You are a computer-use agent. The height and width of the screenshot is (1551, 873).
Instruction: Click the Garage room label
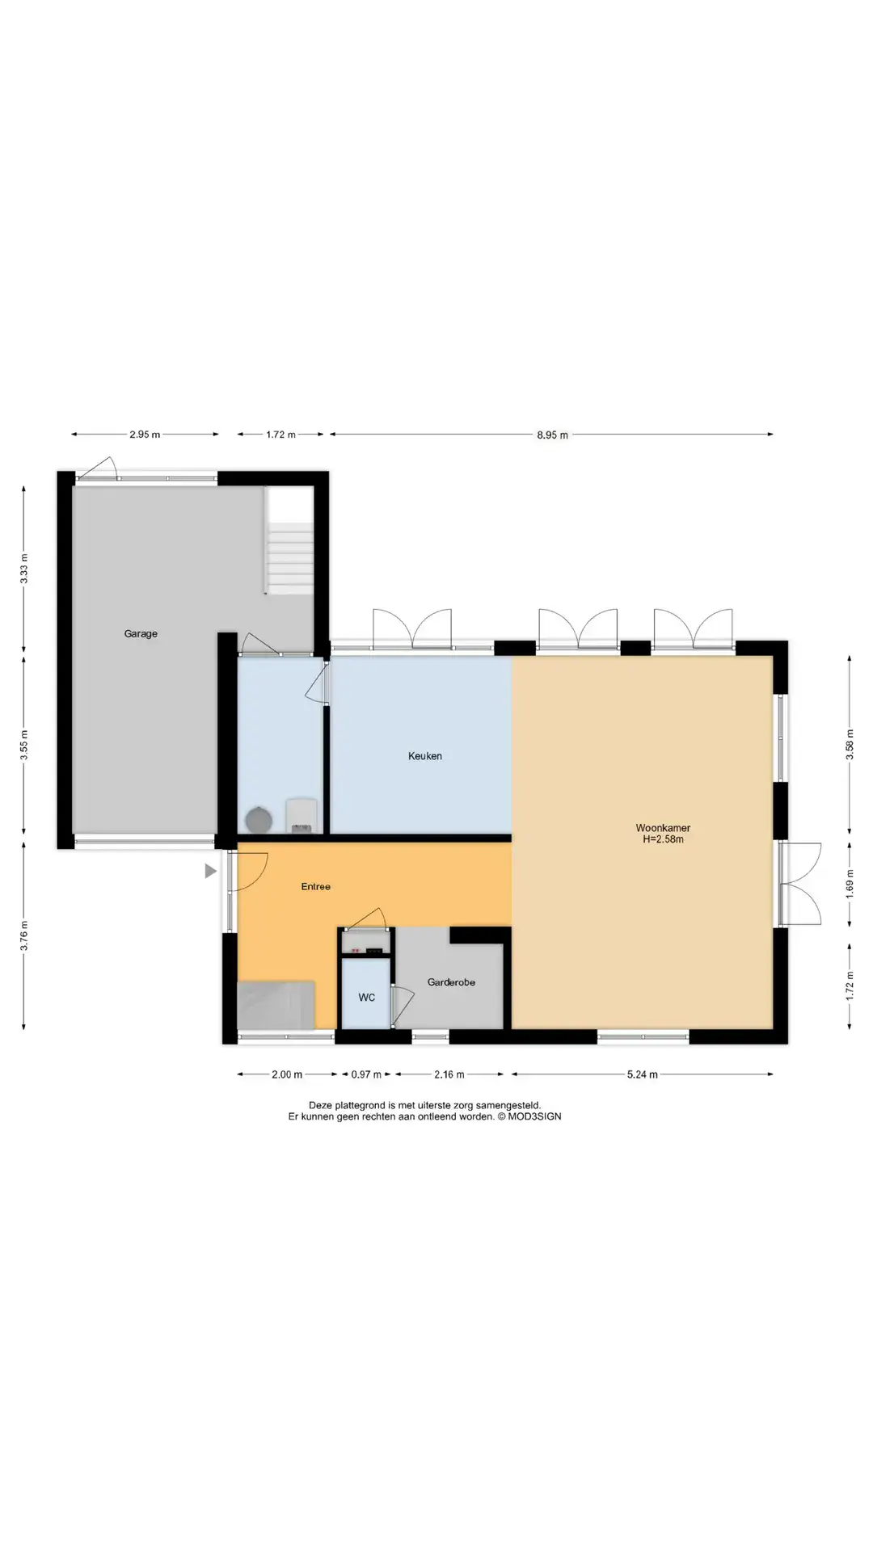141,634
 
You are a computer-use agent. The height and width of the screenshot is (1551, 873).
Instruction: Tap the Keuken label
425,756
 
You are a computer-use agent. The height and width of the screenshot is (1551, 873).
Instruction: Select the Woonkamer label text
663,828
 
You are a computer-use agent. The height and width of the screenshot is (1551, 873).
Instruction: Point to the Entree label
316,887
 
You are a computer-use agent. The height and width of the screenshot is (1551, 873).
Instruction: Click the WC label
367,998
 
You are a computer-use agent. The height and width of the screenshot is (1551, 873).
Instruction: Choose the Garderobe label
451,982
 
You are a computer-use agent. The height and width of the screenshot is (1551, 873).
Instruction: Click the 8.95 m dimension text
552,435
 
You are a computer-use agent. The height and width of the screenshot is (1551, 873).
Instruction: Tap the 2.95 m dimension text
145,435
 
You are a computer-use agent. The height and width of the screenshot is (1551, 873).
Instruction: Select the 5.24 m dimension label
643,1074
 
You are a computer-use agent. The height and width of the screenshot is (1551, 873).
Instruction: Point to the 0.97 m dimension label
366,1074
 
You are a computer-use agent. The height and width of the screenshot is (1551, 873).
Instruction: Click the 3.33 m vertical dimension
24,570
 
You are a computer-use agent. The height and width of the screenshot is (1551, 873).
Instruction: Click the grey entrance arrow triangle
210,871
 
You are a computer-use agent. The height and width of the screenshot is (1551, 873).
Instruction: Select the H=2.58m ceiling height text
663,839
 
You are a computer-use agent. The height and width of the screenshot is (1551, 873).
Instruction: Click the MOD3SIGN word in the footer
534,1116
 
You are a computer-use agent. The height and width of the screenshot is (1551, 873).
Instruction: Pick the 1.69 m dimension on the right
850,885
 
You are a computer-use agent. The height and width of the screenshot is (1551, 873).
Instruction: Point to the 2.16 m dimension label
449,1074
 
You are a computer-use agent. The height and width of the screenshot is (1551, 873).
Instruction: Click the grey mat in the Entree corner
276,1005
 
